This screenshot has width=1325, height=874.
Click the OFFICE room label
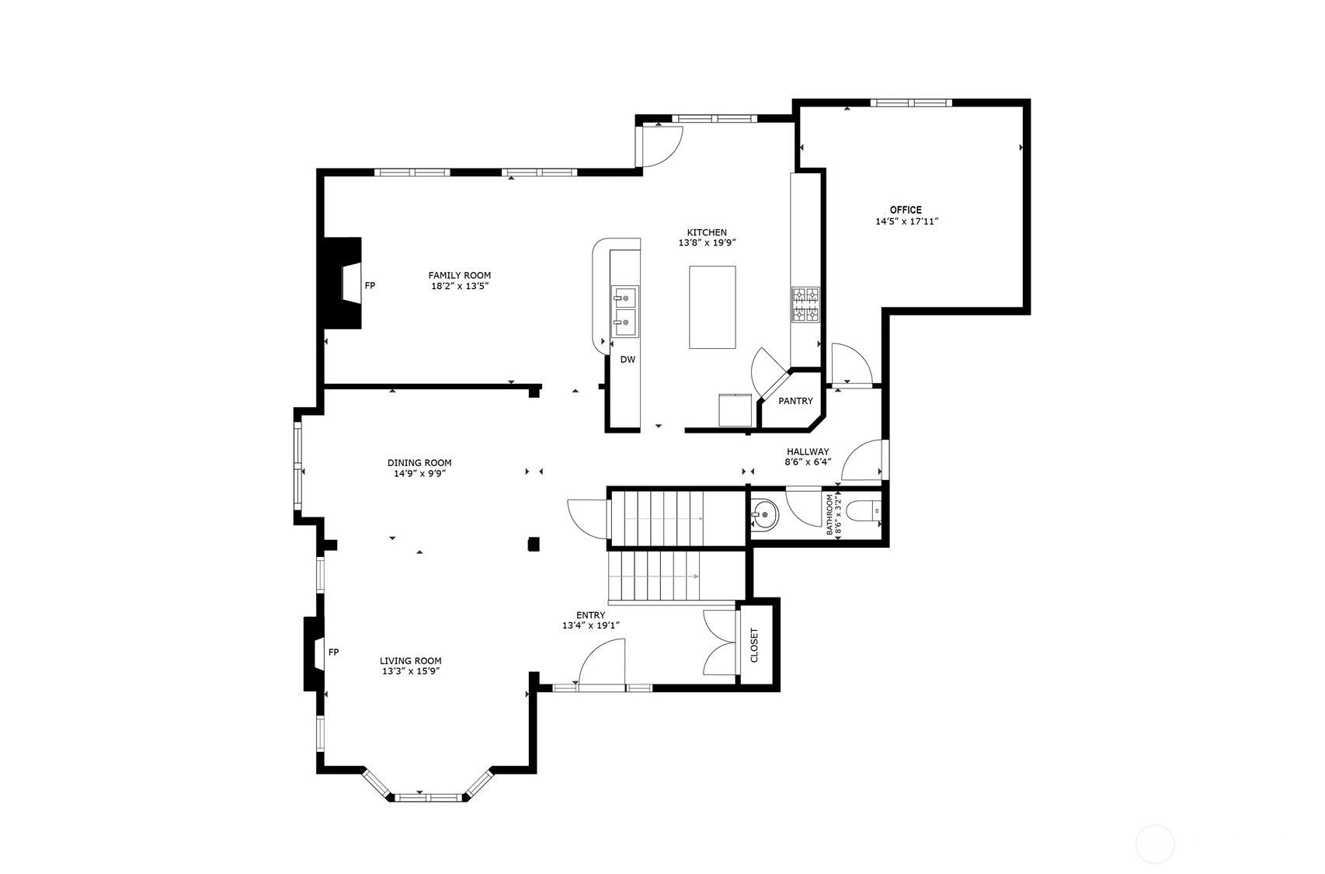point(906,210)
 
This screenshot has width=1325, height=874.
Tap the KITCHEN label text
point(707,232)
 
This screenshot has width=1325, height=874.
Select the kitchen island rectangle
point(712,307)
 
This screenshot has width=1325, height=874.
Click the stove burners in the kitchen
point(805,305)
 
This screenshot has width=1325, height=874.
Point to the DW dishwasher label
point(628,360)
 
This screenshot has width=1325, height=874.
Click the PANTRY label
point(795,401)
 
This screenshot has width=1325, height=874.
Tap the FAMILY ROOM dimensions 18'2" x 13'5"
point(460,286)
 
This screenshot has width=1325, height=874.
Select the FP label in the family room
point(370,286)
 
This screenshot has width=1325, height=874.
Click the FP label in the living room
point(333,652)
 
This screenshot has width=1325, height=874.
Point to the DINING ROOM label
point(419,463)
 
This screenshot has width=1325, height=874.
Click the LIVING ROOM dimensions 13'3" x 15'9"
point(411,671)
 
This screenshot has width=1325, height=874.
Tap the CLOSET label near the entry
point(754,645)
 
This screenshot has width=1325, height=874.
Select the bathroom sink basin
point(763,514)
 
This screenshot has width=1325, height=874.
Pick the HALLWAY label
point(808,451)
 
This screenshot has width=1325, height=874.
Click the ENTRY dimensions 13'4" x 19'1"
point(590,625)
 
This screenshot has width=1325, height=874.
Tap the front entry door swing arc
point(600,660)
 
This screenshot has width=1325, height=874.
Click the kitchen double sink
point(624,311)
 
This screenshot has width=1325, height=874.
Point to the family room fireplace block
point(342,284)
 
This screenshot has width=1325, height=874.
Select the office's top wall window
point(910,103)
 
